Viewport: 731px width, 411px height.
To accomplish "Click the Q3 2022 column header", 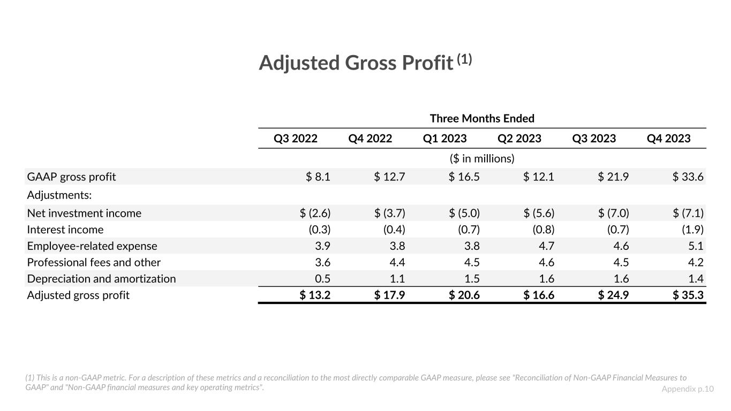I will click(295, 139).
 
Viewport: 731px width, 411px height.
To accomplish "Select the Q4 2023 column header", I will click(668, 139).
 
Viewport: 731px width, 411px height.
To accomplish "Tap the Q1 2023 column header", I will click(444, 139).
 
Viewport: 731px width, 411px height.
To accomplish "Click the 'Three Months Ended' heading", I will click(482, 118).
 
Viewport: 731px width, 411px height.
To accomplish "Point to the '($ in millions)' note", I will click(482, 159).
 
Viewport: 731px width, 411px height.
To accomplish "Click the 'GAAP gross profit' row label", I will click(71, 177).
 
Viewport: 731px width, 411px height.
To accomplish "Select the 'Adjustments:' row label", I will click(59, 195).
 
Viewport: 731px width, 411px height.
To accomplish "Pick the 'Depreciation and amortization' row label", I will click(101, 279).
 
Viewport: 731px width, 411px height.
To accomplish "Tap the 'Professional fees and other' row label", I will click(94, 262).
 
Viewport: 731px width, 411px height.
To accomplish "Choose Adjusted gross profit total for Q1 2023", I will click(464, 295).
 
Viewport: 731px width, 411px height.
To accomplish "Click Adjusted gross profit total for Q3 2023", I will click(613, 295).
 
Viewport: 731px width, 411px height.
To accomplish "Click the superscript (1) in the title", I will click(464, 59).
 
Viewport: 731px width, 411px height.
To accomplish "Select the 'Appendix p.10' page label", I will click(688, 389).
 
